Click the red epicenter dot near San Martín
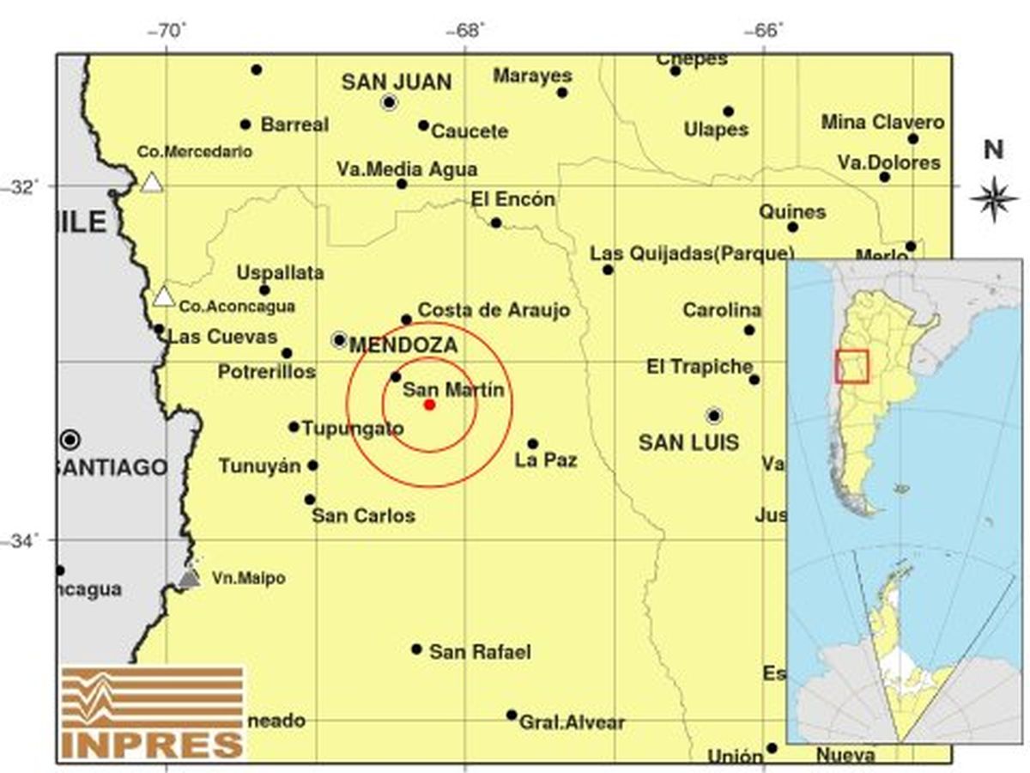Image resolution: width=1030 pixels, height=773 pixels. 430,405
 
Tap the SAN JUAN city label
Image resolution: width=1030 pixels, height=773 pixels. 397,82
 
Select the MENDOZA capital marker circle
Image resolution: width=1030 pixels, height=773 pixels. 340,340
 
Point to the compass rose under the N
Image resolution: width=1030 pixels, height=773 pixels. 993,198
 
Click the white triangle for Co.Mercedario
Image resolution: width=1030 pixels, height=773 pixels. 152,183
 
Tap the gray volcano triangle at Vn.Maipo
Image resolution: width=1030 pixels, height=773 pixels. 190,578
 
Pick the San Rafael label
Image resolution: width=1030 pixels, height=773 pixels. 480,652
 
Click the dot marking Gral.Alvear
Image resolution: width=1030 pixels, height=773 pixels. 512,715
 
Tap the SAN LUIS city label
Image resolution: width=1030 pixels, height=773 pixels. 689,443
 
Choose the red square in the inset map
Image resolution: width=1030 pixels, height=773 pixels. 851,366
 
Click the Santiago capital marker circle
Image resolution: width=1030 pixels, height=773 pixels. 71,440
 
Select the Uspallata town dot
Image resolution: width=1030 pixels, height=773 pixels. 264,289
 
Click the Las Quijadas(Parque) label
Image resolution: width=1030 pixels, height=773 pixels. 692,253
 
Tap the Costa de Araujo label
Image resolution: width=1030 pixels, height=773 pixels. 494,310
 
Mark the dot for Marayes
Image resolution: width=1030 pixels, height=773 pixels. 562,93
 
